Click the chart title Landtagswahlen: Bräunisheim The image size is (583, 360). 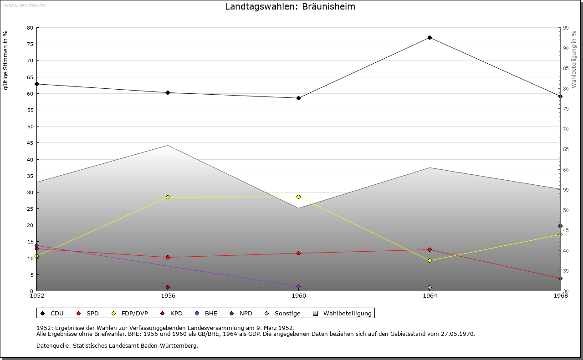point(290,7)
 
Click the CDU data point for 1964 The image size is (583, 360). point(430,37)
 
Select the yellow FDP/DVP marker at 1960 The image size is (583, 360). point(298,197)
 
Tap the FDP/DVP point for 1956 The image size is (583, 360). point(168,197)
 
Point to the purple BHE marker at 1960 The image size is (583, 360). point(298,287)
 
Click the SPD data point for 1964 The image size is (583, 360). point(430,249)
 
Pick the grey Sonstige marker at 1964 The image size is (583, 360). point(430,288)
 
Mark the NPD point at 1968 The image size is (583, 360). point(560,226)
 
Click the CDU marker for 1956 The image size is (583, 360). point(168,92)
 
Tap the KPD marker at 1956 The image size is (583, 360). point(168,288)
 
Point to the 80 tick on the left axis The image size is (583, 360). point(30,28)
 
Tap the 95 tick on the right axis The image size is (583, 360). point(566,28)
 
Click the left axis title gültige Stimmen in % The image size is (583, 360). point(6,60)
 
